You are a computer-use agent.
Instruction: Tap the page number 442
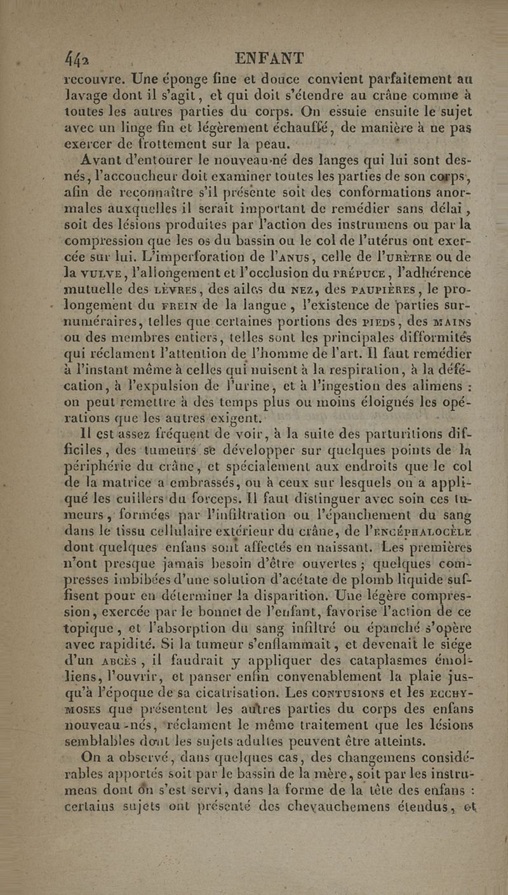point(79,62)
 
